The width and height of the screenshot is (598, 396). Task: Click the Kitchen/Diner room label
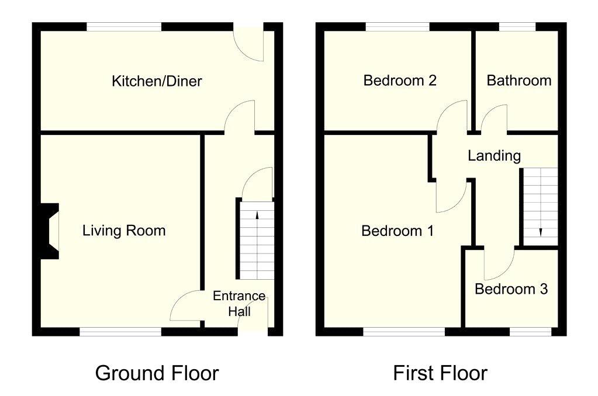click(x=157, y=81)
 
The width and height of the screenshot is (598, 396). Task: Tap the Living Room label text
click(x=123, y=231)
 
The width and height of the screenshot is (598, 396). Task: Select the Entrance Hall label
click(x=238, y=304)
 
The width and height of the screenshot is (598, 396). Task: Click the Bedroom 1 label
click(x=397, y=231)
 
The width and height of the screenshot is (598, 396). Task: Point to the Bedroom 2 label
click(x=400, y=80)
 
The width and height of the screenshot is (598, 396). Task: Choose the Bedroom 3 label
click(x=511, y=289)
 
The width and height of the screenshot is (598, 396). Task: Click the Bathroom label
click(x=519, y=80)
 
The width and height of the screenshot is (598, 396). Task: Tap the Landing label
click(x=494, y=155)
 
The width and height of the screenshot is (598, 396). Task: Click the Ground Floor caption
click(x=157, y=373)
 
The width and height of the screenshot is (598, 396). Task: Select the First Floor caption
click(x=440, y=373)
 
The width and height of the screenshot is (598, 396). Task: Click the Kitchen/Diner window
click(x=124, y=26)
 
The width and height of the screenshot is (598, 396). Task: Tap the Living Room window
click(x=120, y=332)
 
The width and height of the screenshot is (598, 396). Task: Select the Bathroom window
click(x=517, y=26)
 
